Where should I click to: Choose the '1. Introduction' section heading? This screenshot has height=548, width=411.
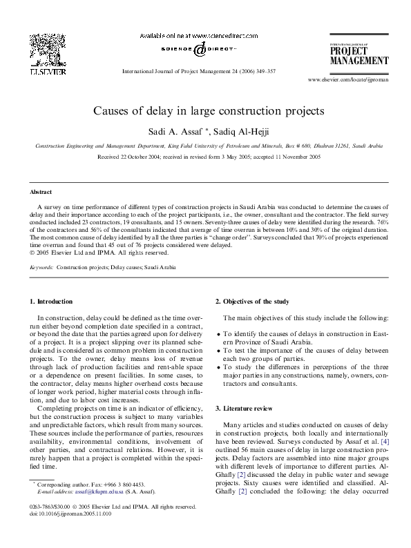click(48, 301)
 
